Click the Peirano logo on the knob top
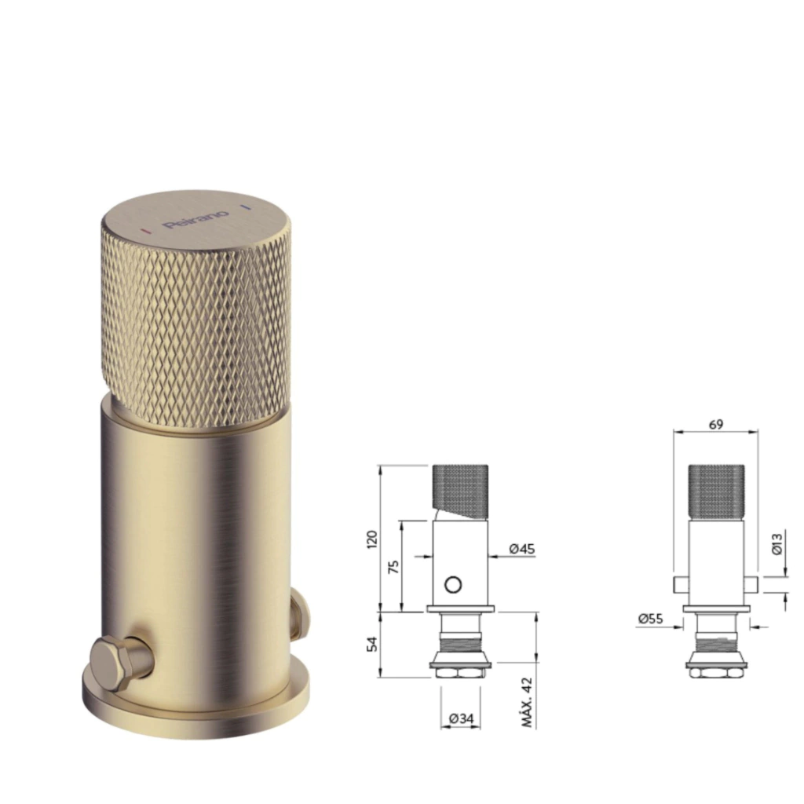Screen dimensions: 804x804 click(x=196, y=219)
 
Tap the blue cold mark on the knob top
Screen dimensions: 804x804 click(x=246, y=207)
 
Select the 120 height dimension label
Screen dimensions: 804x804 click(x=373, y=539)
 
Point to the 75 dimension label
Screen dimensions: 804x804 click(x=394, y=567)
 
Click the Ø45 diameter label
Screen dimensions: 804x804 click(x=522, y=549)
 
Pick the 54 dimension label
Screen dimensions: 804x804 click(x=373, y=644)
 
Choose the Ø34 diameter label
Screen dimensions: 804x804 click(x=461, y=719)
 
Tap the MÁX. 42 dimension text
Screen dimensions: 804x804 click(x=527, y=702)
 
